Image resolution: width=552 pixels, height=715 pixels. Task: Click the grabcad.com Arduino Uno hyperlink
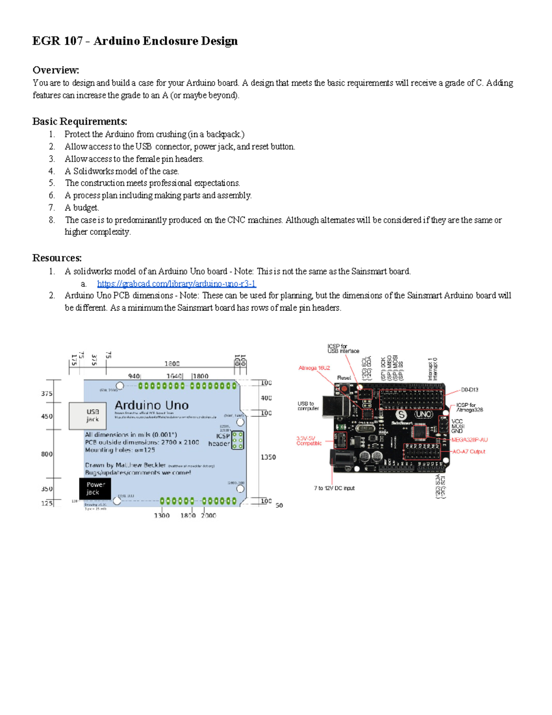(177, 284)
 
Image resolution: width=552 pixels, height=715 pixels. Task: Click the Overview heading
(56, 70)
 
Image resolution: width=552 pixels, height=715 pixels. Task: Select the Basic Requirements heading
(80, 122)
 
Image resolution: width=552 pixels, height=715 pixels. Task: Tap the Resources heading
(57, 258)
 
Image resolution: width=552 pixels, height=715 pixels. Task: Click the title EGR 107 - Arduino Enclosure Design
(135, 41)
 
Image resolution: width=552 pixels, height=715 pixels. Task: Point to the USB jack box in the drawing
(87, 416)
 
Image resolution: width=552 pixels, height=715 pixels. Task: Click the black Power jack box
(95, 488)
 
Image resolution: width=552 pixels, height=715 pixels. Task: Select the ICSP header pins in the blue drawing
(238, 440)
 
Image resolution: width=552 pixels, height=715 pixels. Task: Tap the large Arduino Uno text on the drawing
(151, 405)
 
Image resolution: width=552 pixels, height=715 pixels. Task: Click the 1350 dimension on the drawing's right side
(268, 457)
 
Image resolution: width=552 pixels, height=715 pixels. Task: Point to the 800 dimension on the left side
(47, 454)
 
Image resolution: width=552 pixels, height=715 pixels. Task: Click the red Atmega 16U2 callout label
(314, 368)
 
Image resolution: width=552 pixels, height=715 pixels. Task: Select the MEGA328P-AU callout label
(469, 440)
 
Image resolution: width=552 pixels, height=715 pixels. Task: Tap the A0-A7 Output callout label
(468, 452)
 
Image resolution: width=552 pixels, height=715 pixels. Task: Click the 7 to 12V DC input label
(334, 488)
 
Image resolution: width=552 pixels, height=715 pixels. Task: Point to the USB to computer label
(308, 406)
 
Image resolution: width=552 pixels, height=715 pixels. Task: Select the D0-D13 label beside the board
(469, 389)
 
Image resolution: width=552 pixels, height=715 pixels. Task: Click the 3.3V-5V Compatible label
(309, 441)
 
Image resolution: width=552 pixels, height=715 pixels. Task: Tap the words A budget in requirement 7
(82, 208)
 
